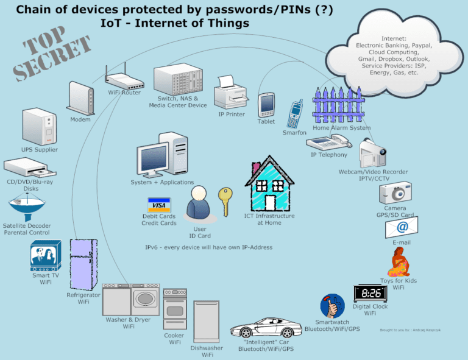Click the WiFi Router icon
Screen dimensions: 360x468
[124, 81]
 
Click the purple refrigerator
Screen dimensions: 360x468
[83, 264]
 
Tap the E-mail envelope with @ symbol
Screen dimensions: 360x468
[401, 228]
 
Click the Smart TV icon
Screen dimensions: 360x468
[46, 256]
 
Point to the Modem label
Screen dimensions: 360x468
[80, 119]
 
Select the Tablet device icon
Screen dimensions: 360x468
[266, 105]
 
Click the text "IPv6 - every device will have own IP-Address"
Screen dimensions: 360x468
[208, 247]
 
